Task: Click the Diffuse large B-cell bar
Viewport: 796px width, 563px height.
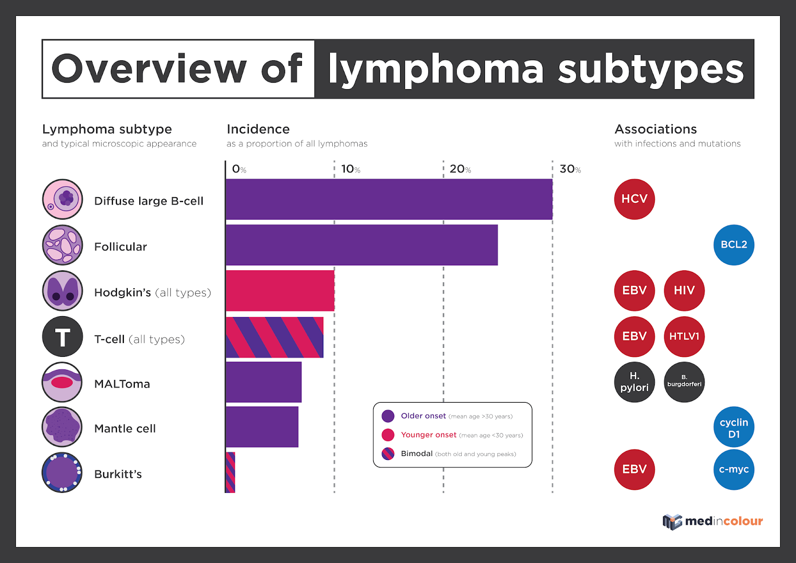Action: [389, 199]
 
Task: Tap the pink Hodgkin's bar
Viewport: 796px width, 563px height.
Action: [280, 291]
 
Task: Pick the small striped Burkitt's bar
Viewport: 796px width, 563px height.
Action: [230, 472]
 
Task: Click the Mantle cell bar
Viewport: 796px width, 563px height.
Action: [262, 427]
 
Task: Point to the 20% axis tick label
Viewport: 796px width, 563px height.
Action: [460, 169]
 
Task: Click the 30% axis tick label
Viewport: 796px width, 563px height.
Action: [570, 169]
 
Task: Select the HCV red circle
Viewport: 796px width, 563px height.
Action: [634, 199]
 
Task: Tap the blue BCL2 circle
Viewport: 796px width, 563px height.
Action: [734, 245]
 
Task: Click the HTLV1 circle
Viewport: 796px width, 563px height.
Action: [684, 337]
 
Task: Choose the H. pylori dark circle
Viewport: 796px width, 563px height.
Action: [634, 382]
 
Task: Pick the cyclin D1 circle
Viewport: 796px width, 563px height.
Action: [734, 427]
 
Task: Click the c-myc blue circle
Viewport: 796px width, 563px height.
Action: [734, 469]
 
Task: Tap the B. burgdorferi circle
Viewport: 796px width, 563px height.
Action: [684, 382]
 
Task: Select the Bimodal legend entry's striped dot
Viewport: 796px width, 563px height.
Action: [388, 453]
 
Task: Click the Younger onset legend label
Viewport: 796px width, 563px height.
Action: [428, 435]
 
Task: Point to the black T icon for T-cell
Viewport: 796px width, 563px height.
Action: [62, 337]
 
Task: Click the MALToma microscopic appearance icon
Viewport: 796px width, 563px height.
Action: [62, 382]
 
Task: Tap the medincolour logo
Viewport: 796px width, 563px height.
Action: [712, 521]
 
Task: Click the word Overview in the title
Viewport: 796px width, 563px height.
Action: [149, 69]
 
